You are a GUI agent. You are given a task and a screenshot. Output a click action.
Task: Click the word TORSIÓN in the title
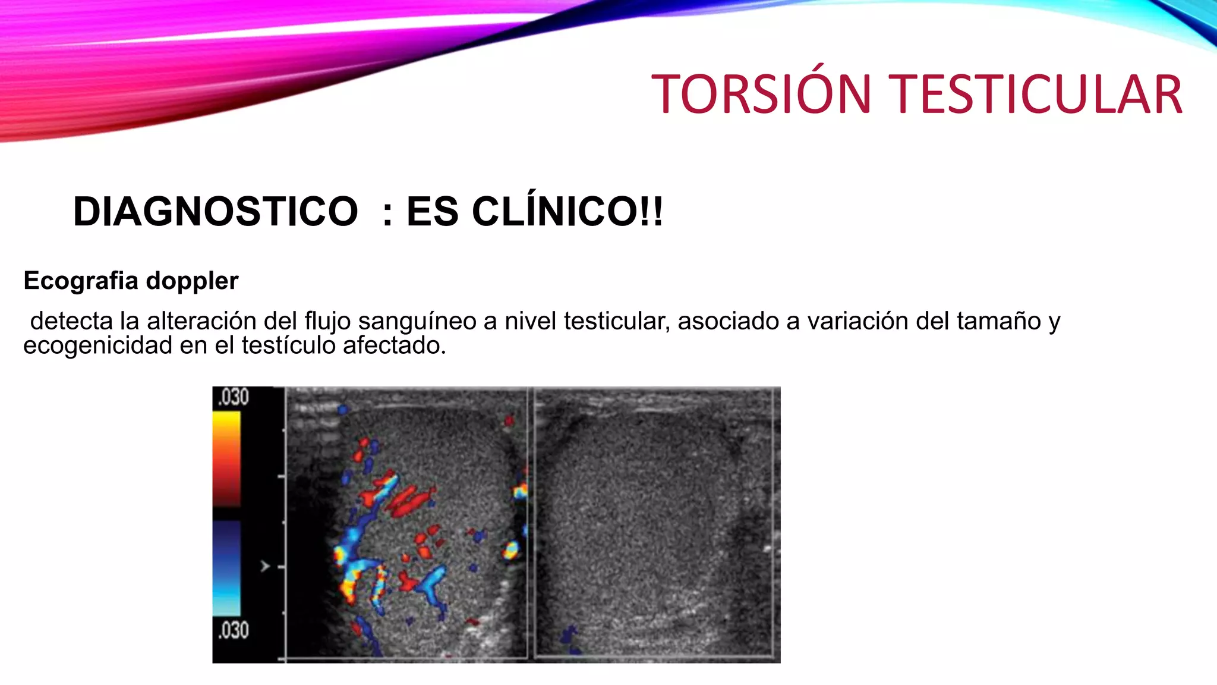click(x=761, y=95)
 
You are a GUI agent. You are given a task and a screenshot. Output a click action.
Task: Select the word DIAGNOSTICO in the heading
click(x=215, y=212)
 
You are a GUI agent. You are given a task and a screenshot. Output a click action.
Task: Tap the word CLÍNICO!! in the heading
click(x=567, y=212)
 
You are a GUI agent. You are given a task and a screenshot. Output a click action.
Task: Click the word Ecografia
click(x=81, y=281)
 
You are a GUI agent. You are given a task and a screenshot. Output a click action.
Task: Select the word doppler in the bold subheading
click(x=192, y=281)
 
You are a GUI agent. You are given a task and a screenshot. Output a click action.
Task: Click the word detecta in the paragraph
click(x=71, y=321)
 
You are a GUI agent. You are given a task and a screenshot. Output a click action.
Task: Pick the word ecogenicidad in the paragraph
click(x=97, y=345)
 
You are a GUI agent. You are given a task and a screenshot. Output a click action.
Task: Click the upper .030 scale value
click(x=234, y=397)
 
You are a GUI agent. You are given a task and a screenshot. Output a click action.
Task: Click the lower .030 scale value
click(x=234, y=630)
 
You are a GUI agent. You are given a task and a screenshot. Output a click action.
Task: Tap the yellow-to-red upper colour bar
click(x=226, y=458)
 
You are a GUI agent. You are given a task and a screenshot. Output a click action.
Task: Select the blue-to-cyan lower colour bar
click(x=226, y=568)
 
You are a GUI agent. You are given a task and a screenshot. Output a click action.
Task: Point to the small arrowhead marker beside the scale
click(x=265, y=566)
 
